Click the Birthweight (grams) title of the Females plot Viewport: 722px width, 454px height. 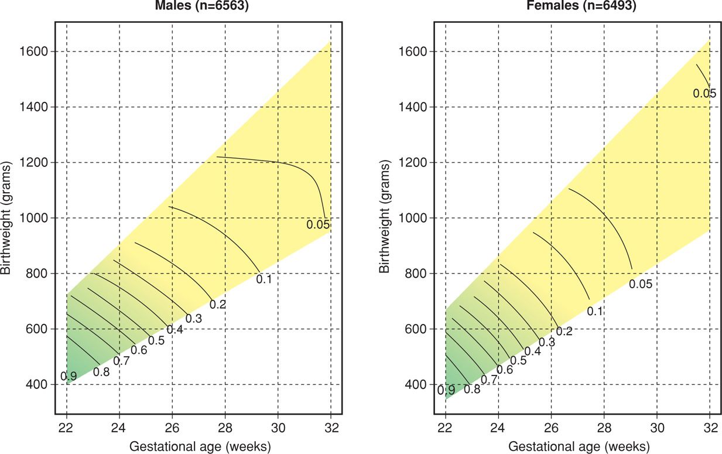[x=384, y=218]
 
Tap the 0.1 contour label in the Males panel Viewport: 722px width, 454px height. [x=264, y=279]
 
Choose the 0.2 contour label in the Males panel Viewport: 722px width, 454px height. [x=218, y=304]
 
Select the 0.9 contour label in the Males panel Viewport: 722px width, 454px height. [x=69, y=376]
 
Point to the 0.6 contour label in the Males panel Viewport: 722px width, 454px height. [x=139, y=350]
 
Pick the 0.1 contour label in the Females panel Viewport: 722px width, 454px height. [x=595, y=311]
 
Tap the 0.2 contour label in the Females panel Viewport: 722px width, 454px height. [x=564, y=331]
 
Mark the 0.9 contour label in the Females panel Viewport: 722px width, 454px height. [x=446, y=390]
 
